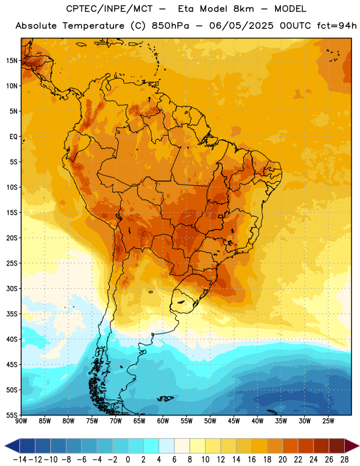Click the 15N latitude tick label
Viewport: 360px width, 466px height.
click(x=12, y=61)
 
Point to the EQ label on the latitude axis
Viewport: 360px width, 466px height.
click(x=13, y=137)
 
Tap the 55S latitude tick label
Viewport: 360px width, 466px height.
click(x=12, y=415)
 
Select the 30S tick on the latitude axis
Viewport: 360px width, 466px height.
click(x=12, y=288)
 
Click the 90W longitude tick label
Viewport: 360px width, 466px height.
click(x=21, y=421)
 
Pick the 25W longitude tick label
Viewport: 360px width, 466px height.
click(x=328, y=421)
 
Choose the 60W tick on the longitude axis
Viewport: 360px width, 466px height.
click(x=163, y=421)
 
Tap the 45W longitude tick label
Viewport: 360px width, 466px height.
click(x=234, y=421)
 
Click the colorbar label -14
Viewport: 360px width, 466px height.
click(x=20, y=460)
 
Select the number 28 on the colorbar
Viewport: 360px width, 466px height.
click(x=344, y=460)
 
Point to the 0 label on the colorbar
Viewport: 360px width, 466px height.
click(x=128, y=460)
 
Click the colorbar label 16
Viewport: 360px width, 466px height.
click(x=252, y=460)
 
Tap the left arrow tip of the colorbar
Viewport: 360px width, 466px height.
click(x=5, y=446)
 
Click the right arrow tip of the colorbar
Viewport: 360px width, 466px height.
click(x=359, y=446)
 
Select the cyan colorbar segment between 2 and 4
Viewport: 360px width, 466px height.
click(x=151, y=446)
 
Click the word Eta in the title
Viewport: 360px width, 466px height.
click(x=186, y=9)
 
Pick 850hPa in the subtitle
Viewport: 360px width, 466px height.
click(x=170, y=26)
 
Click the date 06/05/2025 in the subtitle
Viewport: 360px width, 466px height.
click(x=241, y=26)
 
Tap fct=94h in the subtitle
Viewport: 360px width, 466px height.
click(x=337, y=26)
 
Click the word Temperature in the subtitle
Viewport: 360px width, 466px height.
click(x=93, y=26)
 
